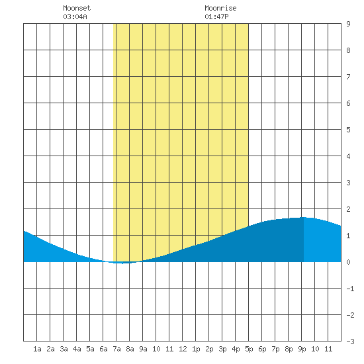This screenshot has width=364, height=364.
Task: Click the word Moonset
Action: click(x=77, y=8)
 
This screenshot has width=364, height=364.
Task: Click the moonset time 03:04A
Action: click(x=75, y=17)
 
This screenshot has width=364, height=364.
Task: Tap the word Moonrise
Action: click(x=220, y=8)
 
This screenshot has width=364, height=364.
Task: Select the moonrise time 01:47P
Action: click(x=216, y=17)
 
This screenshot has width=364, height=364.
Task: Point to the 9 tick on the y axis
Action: click(x=348, y=24)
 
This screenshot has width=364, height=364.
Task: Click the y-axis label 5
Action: click(x=348, y=130)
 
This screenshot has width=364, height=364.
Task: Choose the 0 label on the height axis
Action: click(x=348, y=262)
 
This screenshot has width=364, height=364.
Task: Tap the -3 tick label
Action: click(x=350, y=341)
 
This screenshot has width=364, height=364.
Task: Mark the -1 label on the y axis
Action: click(x=350, y=289)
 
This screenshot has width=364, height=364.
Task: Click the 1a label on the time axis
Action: click(x=37, y=349)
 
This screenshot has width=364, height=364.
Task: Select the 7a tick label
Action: click(x=116, y=349)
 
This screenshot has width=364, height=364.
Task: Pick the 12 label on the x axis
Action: click(x=183, y=349)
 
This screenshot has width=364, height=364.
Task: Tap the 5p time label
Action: click(x=249, y=349)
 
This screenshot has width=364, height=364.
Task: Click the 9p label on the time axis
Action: click(x=302, y=349)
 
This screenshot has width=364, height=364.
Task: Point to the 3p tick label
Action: click(x=222, y=349)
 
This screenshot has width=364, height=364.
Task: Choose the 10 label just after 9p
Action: click(x=315, y=349)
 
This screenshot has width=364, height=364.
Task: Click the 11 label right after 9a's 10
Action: click(x=169, y=349)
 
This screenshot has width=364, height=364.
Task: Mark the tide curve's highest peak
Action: click(x=304, y=217)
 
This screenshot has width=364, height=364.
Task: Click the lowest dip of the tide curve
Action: click(x=122, y=263)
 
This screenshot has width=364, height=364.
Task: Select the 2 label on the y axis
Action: click(x=348, y=209)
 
